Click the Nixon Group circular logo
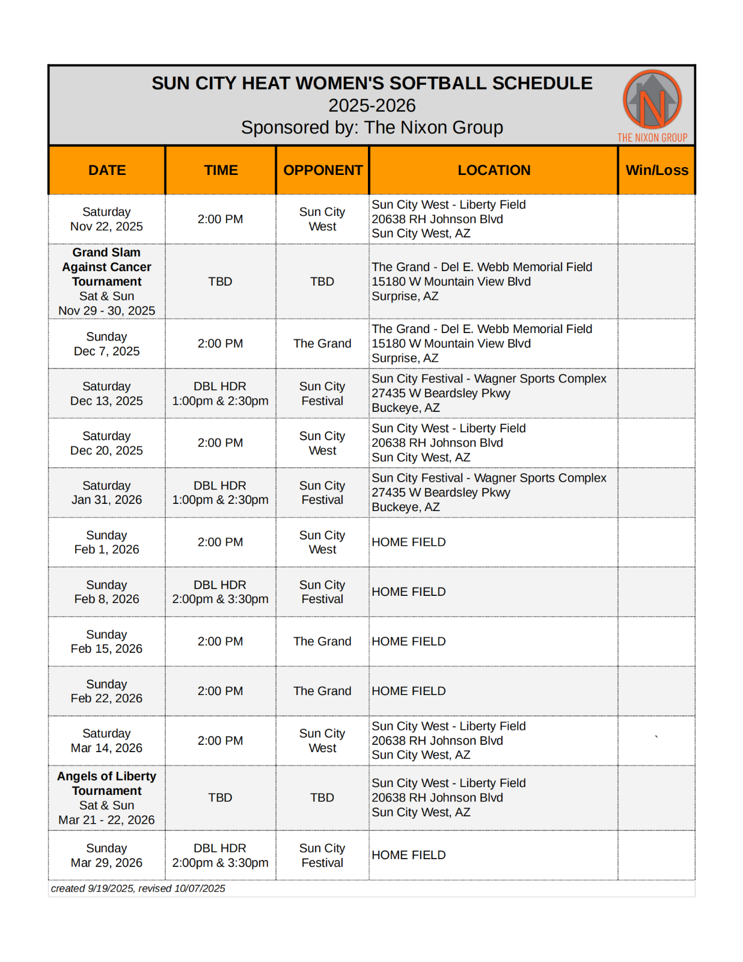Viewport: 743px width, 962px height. click(x=652, y=100)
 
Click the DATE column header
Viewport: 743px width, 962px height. click(x=107, y=170)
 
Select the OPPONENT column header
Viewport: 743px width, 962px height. click(x=323, y=170)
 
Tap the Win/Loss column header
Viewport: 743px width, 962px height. click(x=656, y=170)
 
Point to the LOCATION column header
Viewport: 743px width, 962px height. click(x=494, y=170)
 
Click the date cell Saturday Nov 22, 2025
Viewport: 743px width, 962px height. click(x=106, y=219)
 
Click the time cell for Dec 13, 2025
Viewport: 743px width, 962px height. click(x=220, y=393)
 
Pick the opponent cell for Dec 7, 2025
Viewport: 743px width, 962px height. click(x=322, y=343)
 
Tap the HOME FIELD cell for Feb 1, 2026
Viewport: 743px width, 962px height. click(x=409, y=542)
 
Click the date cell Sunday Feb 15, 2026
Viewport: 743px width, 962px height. click(x=106, y=642)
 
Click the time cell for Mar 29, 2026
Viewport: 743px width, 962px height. click(x=220, y=855)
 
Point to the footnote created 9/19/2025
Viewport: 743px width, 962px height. click(x=138, y=888)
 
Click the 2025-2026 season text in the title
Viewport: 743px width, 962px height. click(x=371, y=105)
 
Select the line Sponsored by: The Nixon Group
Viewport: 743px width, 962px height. click(x=371, y=127)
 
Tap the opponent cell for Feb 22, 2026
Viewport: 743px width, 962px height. click(x=322, y=691)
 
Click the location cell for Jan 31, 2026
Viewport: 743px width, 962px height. click(x=489, y=492)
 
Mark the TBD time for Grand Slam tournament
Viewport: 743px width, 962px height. click(x=220, y=281)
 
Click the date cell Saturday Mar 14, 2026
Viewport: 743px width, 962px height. click(x=106, y=741)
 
